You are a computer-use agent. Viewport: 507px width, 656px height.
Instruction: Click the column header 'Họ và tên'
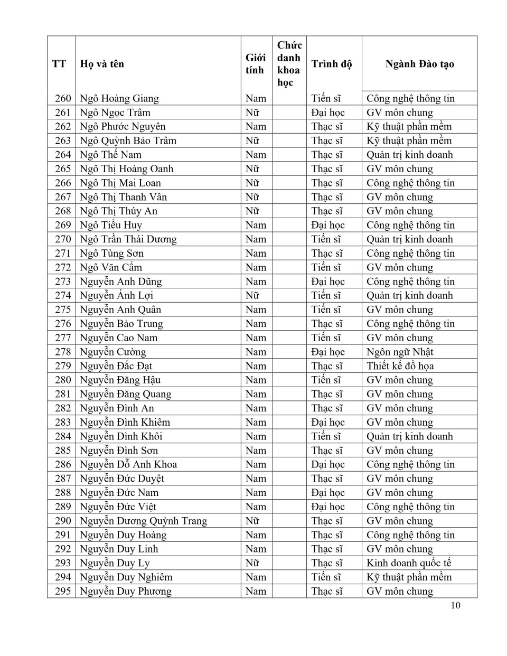102,64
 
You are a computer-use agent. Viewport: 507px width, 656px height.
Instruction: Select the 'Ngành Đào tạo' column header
419,64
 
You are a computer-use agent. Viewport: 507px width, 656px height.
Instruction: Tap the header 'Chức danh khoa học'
289,64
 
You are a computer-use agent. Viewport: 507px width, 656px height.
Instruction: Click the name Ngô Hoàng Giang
119,98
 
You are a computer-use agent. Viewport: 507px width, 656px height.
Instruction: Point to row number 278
62,352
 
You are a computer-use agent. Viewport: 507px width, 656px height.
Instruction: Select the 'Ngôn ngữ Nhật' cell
400,352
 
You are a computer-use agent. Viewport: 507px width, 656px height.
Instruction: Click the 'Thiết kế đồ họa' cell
400,366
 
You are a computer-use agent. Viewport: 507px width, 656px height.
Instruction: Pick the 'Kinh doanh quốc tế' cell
409,563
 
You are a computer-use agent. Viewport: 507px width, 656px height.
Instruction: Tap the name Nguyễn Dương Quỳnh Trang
143,521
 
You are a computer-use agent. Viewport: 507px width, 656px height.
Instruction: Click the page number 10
455,605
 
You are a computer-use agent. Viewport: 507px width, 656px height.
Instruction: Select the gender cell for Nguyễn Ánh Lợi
252,296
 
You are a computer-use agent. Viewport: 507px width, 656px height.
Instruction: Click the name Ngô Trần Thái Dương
128,239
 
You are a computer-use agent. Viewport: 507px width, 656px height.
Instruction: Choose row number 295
62,591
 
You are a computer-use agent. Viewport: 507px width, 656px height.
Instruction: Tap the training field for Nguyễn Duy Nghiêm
409,577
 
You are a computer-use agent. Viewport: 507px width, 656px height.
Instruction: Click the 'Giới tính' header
256,64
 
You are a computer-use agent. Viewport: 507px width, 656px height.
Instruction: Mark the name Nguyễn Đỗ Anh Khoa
128,464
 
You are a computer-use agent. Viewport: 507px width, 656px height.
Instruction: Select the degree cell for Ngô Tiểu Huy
327,225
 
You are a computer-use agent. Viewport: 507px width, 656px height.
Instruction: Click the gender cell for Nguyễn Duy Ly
252,563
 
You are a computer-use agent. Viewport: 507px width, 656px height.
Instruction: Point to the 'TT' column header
59,64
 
